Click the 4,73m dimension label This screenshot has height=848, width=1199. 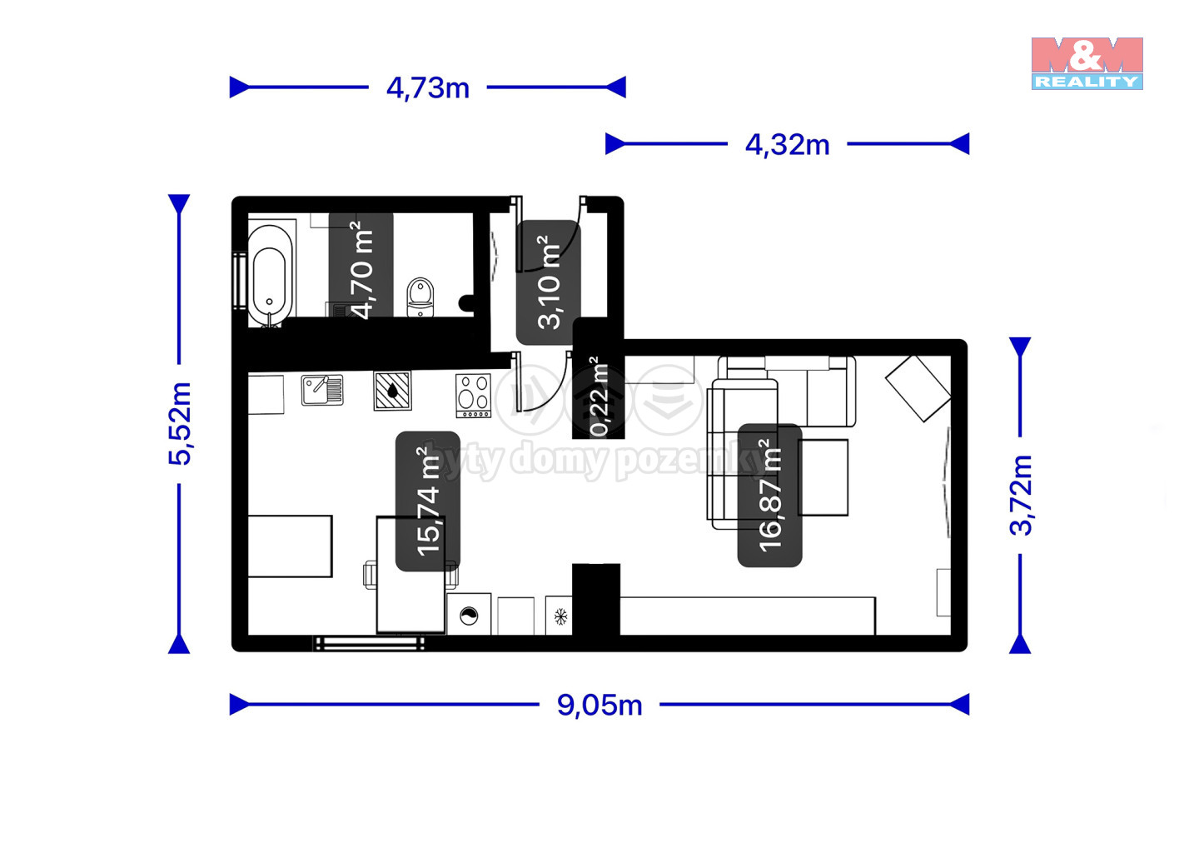click(x=428, y=88)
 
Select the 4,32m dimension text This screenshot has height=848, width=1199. click(x=788, y=145)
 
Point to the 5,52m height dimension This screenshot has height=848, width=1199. click(x=180, y=423)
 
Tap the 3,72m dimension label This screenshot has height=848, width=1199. click(x=1021, y=495)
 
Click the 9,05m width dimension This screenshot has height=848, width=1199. click(x=599, y=705)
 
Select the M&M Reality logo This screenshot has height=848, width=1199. click(x=1087, y=63)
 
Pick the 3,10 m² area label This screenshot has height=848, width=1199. click(x=549, y=282)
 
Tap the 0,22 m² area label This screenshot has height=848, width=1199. click(x=599, y=397)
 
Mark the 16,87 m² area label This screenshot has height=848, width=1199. click(x=769, y=495)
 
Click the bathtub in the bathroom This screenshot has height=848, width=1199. click(x=271, y=277)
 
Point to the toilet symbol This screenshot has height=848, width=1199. click(x=420, y=297)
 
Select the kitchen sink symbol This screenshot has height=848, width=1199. click(x=322, y=390)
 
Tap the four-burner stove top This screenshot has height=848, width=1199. click(x=474, y=396)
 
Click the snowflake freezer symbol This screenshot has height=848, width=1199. click(x=560, y=616)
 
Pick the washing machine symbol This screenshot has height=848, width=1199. click(x=469, y=615)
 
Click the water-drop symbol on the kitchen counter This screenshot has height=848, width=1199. click(x=392, y=391)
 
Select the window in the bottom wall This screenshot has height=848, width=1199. click(x=369, y=643)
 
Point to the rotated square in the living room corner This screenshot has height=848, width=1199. click(x=918, y=389)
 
